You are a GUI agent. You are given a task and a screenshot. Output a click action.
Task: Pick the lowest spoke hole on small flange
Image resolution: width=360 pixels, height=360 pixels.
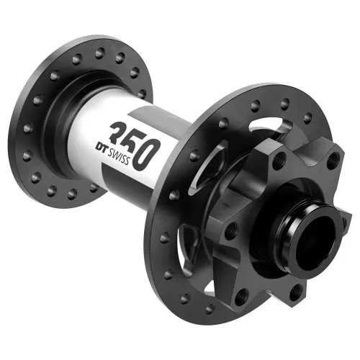pos(72,195)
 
